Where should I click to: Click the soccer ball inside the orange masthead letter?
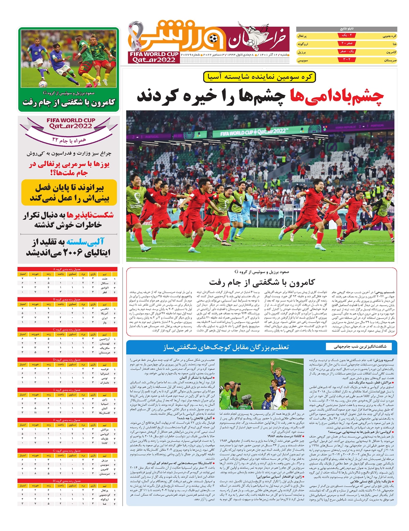[214, 39]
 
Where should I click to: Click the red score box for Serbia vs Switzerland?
[347, 60]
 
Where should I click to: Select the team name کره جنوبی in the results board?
[389, 36]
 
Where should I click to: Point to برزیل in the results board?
[302, 52]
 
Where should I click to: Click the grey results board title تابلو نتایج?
[347, 29]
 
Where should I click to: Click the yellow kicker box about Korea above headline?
[259, 77]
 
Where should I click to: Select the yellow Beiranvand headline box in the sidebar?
[69, 193]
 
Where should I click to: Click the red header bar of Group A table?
[67, 269]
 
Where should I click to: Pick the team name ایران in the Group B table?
[105, 318]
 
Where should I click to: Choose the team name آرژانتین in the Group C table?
[104, 339]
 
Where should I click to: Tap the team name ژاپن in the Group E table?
[105, 400]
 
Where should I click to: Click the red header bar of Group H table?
[67, 481]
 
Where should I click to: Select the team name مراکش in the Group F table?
[104, 430]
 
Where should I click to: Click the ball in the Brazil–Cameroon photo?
[43, 84]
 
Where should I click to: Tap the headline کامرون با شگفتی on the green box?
[69, 102]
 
